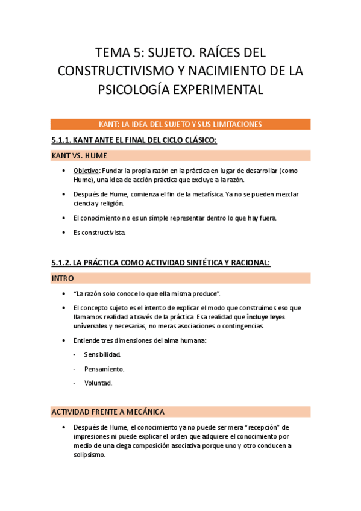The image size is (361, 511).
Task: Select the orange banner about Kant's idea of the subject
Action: pos(180,124)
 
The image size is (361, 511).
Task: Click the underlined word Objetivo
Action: pos(86,171)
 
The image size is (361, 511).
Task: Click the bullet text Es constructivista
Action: pos(100,232)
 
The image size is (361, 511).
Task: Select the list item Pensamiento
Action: pos(104,368)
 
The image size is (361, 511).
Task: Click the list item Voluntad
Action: pos(98,383)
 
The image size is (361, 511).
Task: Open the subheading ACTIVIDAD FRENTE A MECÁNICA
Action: pos(108,412)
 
